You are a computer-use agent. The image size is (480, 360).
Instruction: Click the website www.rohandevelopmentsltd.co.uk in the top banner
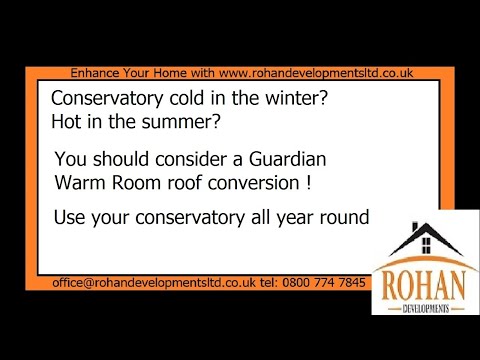[x=315, y=73]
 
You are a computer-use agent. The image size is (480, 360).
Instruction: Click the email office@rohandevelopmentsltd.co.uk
[x=149, y=283]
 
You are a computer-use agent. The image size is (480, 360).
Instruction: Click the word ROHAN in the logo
[x=421, y=283]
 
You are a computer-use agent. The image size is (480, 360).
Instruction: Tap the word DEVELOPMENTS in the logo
[x=421, y=306]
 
